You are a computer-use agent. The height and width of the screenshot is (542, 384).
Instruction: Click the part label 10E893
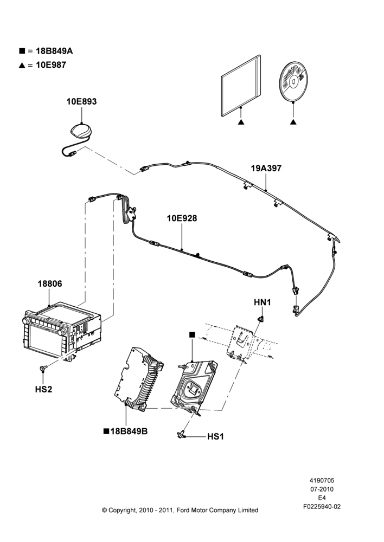82,102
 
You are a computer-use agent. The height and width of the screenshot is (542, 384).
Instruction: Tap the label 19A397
266,169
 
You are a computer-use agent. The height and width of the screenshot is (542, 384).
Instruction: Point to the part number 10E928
182,218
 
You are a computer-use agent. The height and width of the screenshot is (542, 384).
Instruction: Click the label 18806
50,284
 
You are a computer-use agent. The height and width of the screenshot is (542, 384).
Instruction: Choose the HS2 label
43,389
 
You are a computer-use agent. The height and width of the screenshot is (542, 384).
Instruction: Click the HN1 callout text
263,302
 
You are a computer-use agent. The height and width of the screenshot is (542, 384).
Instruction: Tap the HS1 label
215,437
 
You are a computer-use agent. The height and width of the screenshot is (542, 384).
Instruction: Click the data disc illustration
293,82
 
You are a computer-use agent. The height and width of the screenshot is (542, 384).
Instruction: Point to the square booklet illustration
241,86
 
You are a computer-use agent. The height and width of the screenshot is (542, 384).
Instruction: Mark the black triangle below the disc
293,122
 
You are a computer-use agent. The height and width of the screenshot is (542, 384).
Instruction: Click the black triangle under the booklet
241,122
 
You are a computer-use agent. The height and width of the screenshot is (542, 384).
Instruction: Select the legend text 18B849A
54,51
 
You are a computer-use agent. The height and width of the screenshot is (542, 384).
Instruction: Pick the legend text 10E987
51,65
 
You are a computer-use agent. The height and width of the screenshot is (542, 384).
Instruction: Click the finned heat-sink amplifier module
139,379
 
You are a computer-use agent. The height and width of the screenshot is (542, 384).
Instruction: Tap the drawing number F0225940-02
322,507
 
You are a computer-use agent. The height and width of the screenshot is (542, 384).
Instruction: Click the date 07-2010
322,489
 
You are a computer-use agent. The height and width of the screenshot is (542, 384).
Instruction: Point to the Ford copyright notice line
180,510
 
